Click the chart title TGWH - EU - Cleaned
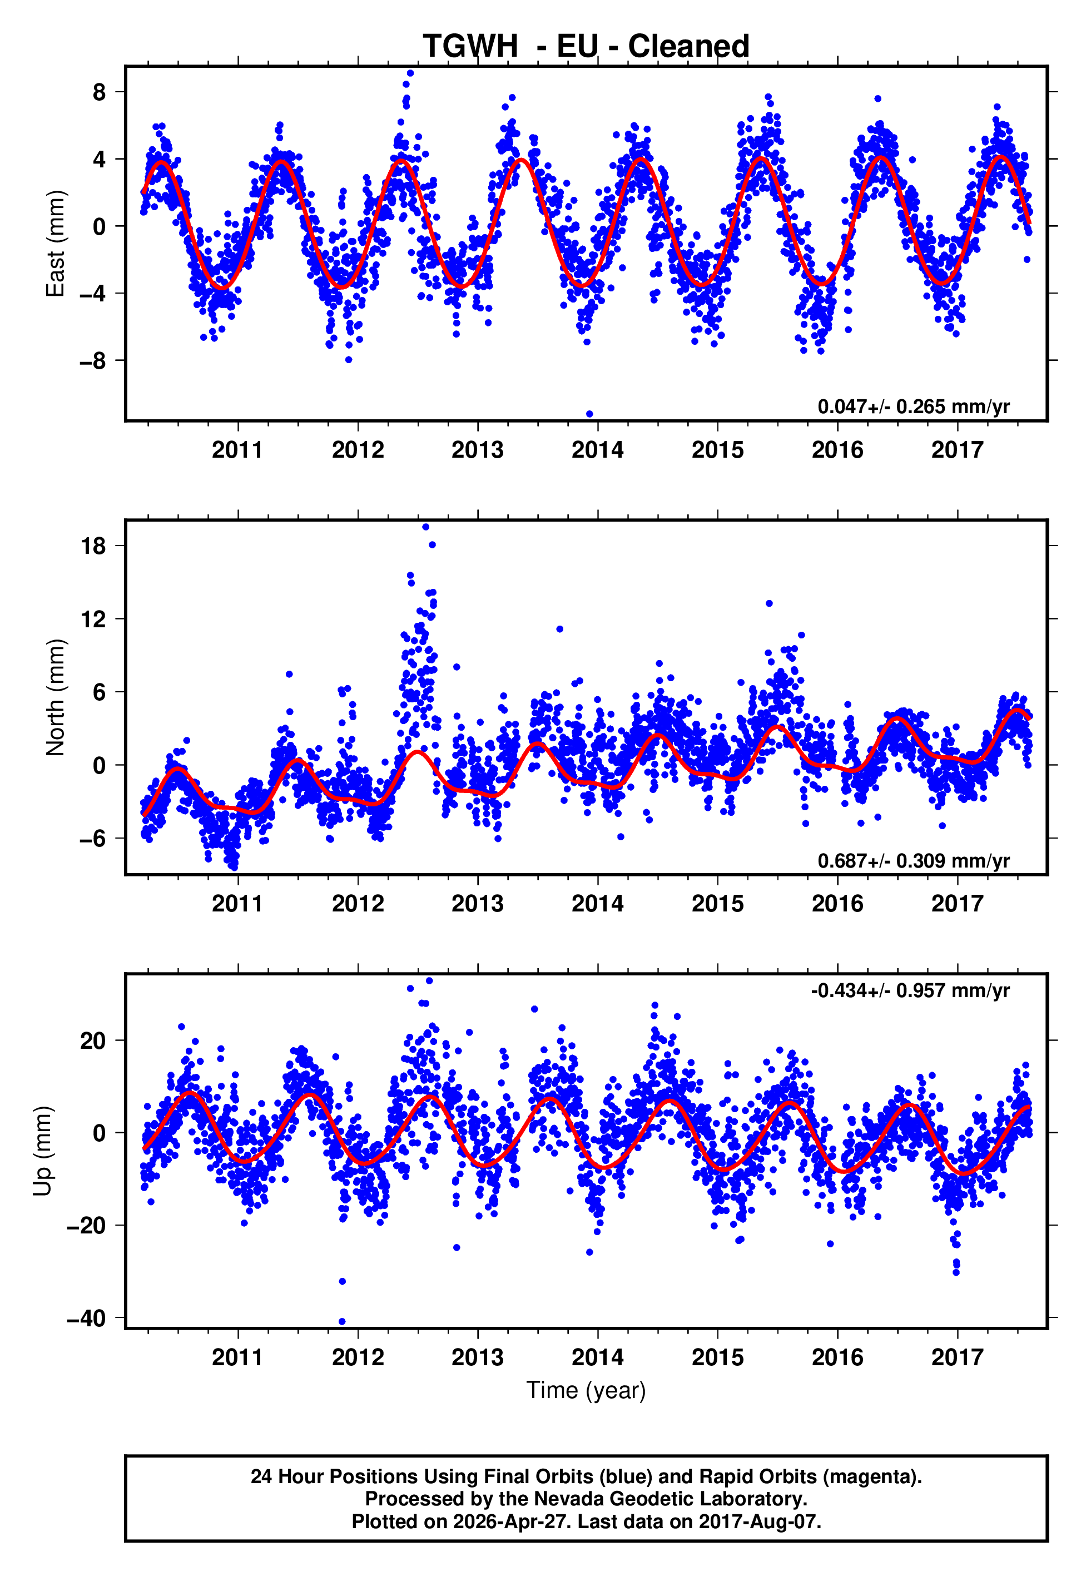point(586,47)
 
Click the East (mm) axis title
point(56,244)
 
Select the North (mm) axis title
point(56,698)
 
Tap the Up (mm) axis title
point(42,1151)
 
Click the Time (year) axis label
point(586,1391)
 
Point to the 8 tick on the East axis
point(100,92)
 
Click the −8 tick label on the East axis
point(93,361)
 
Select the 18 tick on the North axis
point(93,546)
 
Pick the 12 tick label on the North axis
point(93,619)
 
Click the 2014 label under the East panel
point(597,450)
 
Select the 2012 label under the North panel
point(358,904)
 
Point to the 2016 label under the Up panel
point(837,1357)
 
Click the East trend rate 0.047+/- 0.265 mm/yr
point(913,407)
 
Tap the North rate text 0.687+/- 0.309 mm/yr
point(913,861)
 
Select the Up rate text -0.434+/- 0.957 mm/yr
point(910,990)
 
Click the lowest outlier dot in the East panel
point(589,414)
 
